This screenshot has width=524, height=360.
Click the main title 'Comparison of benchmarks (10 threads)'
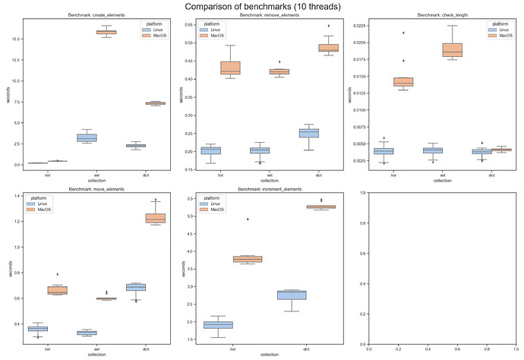(262, 7)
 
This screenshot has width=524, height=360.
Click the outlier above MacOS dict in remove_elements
(328, 26)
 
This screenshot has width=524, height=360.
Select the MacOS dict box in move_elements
(155, 218)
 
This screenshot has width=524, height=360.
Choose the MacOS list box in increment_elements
(248, 259)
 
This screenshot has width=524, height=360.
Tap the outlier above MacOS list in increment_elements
(248, 219)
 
